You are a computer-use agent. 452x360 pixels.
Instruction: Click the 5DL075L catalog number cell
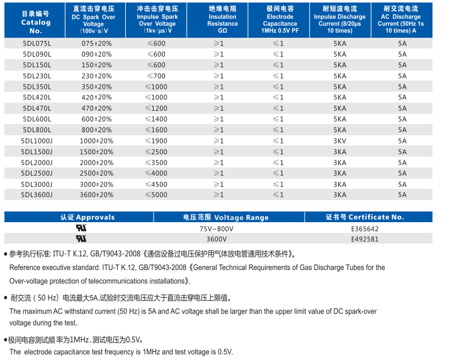[x=36, y=43]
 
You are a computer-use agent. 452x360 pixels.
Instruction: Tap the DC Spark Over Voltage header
[x=94, y=21]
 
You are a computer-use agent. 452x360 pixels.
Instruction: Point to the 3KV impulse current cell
[x=339, y=141]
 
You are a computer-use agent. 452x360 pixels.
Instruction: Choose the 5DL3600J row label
[x=36, y=195]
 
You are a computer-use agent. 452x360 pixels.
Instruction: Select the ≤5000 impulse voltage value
[x=157, y=195]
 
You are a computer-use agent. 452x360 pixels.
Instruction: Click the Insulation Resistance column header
[x=222, y=21]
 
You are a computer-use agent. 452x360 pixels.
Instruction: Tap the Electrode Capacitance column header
[x=280, y=21]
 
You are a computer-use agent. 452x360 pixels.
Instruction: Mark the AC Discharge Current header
[x=400, y=21]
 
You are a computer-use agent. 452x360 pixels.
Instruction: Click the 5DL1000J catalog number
[x=36, y=141]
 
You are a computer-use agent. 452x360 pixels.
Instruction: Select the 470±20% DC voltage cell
[x=96, y=108]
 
